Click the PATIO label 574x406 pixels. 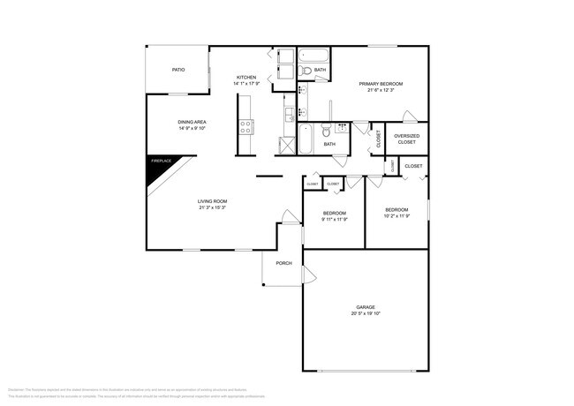click(x=177, y=69)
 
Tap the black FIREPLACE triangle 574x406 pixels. click(x=157, y=168)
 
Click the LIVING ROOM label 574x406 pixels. click(x=212, y=201)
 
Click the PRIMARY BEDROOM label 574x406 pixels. click(x=381, y=84)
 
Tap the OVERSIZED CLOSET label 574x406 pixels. click(x=406, y=139)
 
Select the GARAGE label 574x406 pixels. click(x=366, y=307)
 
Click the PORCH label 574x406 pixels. click(x=283, y=262)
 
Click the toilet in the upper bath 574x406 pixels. click(x=306, y=70)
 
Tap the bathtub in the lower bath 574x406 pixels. click(x=305, y=139)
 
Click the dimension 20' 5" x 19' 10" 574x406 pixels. click(x=366, y=313)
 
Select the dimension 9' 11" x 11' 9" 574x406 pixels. click(x=334, y=219)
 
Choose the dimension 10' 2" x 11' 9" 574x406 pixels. click(x=397, y=216)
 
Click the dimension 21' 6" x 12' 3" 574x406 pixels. click(x=381, y=90)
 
